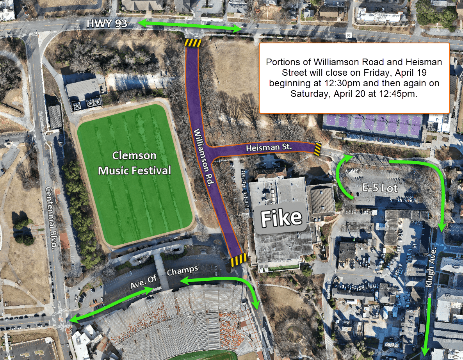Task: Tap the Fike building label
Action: [281, 218]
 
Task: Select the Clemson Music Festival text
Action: [135, 163]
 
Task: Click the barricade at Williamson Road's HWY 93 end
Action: [192, 43]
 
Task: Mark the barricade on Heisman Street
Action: [318, 149]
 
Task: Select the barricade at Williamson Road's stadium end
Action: [238, 259]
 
